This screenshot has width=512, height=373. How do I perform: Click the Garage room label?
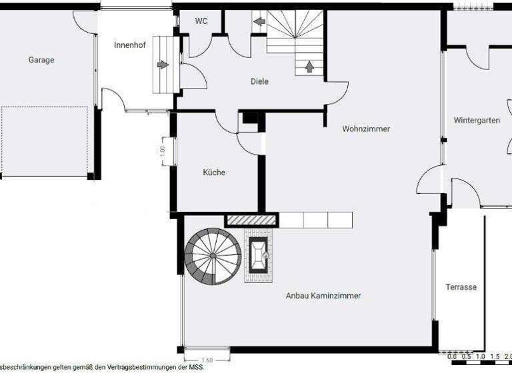[41, 60]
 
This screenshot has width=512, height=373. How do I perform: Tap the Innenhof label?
[130, 45]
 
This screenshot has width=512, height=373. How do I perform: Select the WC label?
[201, 21]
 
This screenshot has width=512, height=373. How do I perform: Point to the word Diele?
[259, 82]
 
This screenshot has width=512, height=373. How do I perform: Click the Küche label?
[214, 173]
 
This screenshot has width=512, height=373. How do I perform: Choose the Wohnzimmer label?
[366, 129]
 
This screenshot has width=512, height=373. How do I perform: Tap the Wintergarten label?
[477, 121]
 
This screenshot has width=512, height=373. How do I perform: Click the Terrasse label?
[461, 287]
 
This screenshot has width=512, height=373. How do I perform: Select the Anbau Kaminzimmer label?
[323, 296]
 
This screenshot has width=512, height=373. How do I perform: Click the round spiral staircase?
[213, 256]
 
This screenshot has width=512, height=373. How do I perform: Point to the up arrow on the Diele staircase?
[309, 67]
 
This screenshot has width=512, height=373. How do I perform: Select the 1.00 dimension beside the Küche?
[163, 150]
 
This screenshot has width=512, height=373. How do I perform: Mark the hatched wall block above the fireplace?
[251, 220]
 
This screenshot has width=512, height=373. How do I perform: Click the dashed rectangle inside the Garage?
[45, 141]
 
